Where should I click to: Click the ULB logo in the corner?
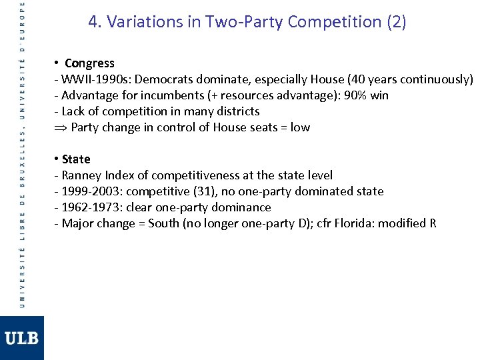point(22,338)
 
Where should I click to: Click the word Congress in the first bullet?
point(89,63)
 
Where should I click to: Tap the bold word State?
point(76,159)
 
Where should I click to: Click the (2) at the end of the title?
point(395,22)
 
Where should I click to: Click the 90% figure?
point(353,95)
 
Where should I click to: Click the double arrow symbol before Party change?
point(60,127)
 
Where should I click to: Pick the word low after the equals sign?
point(300,127)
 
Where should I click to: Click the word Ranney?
point(83,175)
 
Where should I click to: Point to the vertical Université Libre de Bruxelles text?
point(22,153)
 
